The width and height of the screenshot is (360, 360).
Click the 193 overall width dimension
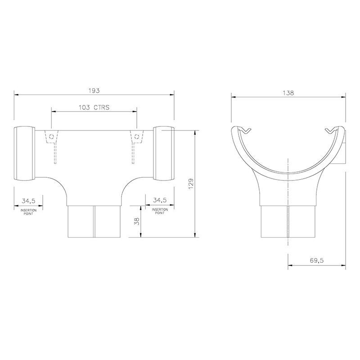94,90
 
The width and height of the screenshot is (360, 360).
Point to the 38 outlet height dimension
136,221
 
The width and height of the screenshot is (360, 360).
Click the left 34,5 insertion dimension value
29,200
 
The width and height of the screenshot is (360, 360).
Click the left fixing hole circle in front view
52,137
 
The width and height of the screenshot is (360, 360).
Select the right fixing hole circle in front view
135,137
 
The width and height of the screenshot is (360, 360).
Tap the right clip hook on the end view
331,130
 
